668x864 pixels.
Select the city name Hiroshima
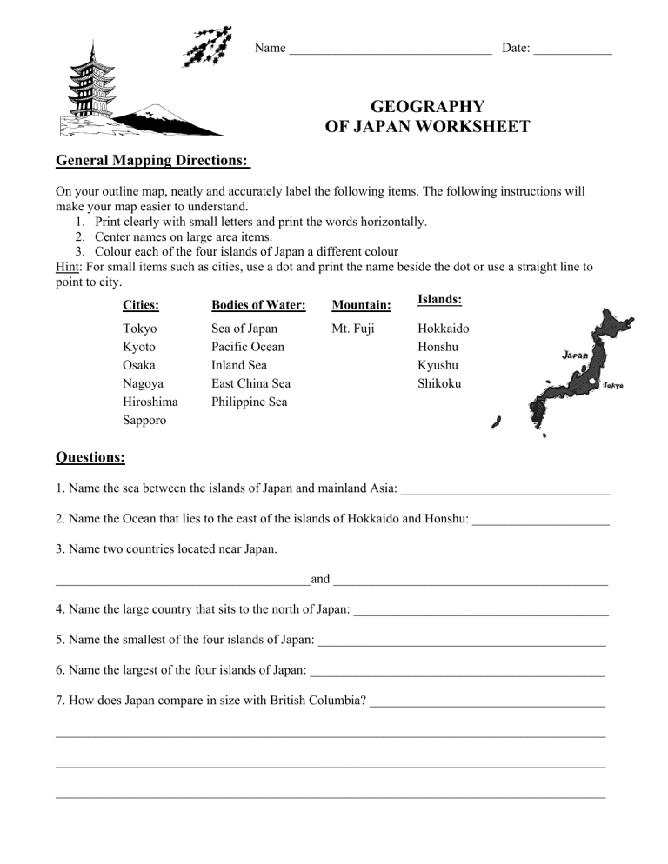point(150,402)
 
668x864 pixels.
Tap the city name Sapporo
point(145,420)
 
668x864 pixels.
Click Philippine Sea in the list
point(250,402)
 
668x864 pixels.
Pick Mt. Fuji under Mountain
point(353,329)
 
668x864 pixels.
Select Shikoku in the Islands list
point(439,383)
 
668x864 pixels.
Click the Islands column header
point(439,299)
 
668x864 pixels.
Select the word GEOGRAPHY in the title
point(427,107)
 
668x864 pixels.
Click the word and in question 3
point(320,579)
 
